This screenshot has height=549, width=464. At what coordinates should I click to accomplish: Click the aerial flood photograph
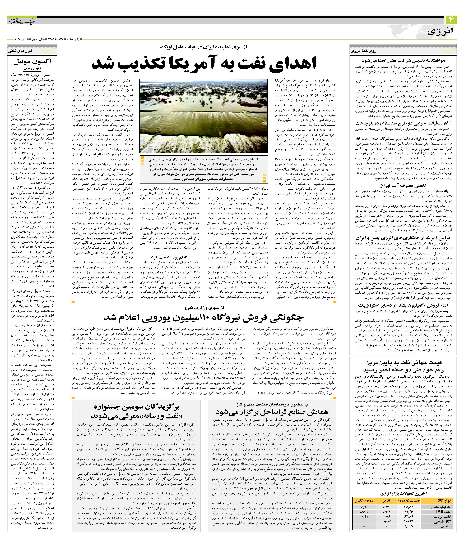[x=203, y=116]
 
